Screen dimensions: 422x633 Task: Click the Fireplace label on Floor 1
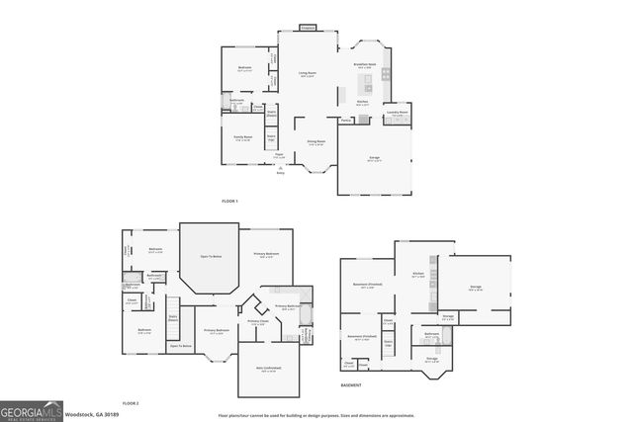307,28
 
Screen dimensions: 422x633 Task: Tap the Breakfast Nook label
363,65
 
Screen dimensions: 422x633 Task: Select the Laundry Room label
397,113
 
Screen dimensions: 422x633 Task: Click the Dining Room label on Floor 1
316,142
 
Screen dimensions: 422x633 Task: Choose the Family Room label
242,137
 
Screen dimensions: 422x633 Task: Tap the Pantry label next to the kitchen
346,121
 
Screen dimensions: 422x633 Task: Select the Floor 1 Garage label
375,159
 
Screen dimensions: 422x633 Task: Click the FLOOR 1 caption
229,200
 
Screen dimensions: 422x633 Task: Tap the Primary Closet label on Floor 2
257,321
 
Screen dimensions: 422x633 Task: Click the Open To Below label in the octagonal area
210,256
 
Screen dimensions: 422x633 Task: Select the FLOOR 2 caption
131,404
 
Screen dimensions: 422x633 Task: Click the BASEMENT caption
350,384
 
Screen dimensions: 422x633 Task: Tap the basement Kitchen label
417,276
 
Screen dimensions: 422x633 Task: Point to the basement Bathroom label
431,334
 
